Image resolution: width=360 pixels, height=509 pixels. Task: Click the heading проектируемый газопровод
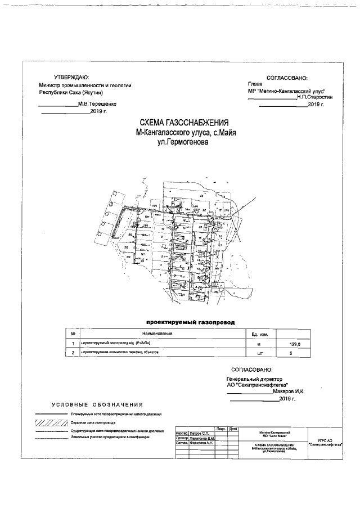tap(190, 323)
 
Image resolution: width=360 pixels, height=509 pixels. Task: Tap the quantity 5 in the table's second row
tap(290, 353)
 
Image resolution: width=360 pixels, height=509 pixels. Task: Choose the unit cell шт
tap(259, 354)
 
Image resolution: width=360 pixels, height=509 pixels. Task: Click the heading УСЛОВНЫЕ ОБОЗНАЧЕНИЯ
tap(97, 404)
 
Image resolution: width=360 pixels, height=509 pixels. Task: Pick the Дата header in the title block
tap(233, 429)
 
